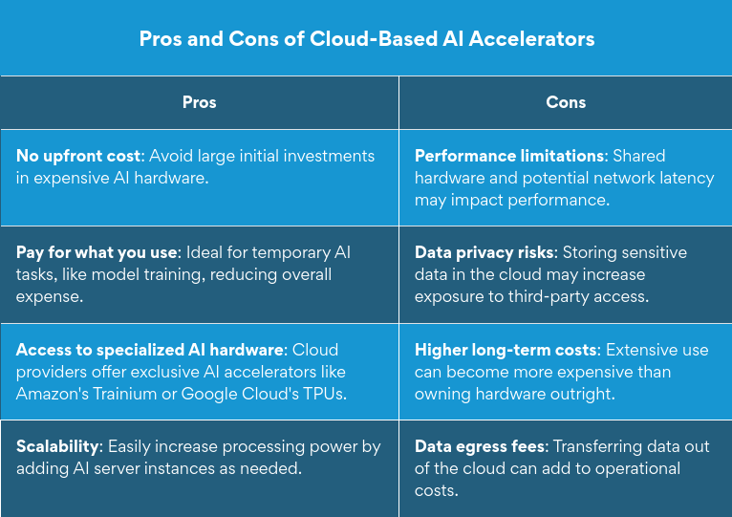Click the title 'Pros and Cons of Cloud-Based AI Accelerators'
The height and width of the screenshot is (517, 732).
367,39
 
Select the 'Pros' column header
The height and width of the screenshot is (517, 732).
199,102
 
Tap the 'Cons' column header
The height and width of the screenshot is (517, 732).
566,102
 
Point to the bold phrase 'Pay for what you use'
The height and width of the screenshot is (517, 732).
96,252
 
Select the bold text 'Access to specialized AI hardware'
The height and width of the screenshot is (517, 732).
149,350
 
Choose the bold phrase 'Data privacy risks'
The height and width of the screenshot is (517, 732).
484,252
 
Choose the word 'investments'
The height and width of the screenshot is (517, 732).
332,156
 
